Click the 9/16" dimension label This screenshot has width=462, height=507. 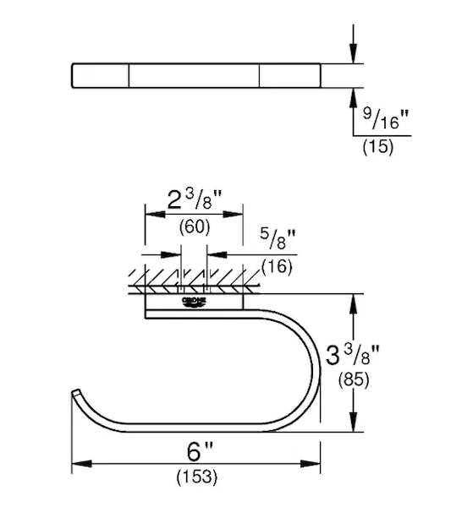pos(386,118)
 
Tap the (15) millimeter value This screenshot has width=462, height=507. pos(378,146)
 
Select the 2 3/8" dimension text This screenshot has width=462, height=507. pos(195,200)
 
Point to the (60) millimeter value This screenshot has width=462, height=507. pos(195,227)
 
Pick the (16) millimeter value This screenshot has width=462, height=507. pos(277,266)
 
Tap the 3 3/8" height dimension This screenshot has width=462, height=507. pos(353,355)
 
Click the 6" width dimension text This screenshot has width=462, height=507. pos(200,451)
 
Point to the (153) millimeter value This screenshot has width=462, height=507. pos(197,477)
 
